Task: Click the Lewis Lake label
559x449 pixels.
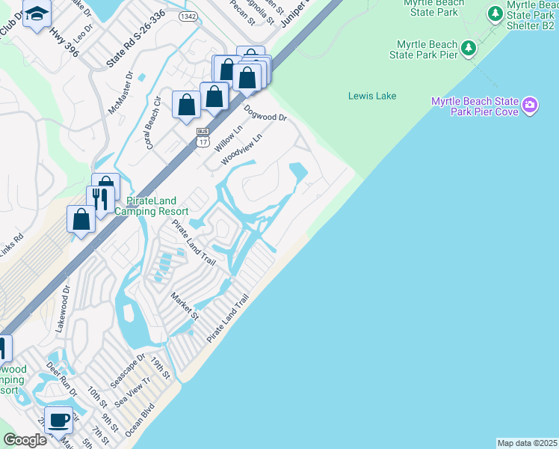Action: click(372, 96)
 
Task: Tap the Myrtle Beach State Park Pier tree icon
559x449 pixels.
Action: click(469, 49)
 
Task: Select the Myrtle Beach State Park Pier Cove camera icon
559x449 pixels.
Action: click(531, 105)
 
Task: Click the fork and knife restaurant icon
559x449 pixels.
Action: click(99, 198)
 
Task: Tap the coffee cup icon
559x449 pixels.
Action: click(58, 419)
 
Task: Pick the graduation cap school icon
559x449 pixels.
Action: click(36, 13)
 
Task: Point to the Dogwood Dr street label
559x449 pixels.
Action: click(265, 113)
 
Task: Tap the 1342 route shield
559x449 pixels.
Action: click(188, 16)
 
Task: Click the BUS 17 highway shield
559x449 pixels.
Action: click(203, 135)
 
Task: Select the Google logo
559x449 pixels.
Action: click(25, 440)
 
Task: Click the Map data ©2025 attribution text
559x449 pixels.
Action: click(528, 443)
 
